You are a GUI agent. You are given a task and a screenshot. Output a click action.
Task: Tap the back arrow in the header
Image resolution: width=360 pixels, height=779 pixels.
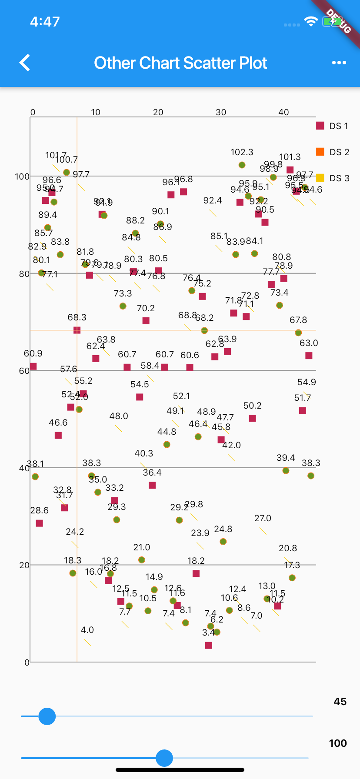click(25, 63)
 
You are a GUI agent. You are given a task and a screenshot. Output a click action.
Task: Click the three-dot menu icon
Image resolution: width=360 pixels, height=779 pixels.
click(339, 63)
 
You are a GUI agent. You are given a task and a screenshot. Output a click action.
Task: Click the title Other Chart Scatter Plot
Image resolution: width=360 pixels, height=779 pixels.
click(180, 63)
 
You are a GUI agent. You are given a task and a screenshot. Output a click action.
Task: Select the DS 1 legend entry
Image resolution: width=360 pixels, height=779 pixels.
click(333, 126)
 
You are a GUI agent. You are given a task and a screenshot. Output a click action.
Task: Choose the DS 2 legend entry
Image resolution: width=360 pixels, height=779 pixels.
click(333, 152)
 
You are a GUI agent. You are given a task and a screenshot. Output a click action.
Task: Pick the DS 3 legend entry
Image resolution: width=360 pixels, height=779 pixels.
click(333, 178)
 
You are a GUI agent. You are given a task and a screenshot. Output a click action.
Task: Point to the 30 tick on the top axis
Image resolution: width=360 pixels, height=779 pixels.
click(221, 112)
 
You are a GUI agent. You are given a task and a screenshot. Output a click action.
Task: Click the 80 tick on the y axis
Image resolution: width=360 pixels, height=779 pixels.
click(24, 274)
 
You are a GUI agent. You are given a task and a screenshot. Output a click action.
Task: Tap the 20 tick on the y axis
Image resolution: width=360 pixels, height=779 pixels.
click(24, 565)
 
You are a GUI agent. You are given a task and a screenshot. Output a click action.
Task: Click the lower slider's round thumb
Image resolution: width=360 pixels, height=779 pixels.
click(164, 758)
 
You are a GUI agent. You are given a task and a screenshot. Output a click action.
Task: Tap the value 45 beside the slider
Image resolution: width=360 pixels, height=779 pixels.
click(340, 702)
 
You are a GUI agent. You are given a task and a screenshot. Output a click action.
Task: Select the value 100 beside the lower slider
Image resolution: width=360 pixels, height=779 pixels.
click(338, 743)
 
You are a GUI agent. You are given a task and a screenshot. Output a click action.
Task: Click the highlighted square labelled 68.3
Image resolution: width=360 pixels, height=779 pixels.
click(77, 330)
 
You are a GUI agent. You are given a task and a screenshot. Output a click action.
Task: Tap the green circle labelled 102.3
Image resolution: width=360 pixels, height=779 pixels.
click(242, 165)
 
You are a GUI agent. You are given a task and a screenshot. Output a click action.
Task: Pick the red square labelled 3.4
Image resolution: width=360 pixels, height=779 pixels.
click(209, 646)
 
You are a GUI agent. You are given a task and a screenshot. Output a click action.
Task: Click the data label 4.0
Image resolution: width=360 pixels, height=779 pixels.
click(87, 630)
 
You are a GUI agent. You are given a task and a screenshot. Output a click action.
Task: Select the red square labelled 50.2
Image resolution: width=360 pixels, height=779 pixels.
click(252, 418)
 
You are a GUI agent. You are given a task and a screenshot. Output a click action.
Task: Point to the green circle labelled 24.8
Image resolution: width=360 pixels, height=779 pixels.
click(223, 542)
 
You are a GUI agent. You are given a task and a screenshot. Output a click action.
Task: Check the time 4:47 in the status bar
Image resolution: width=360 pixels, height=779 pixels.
click(45, 22)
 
